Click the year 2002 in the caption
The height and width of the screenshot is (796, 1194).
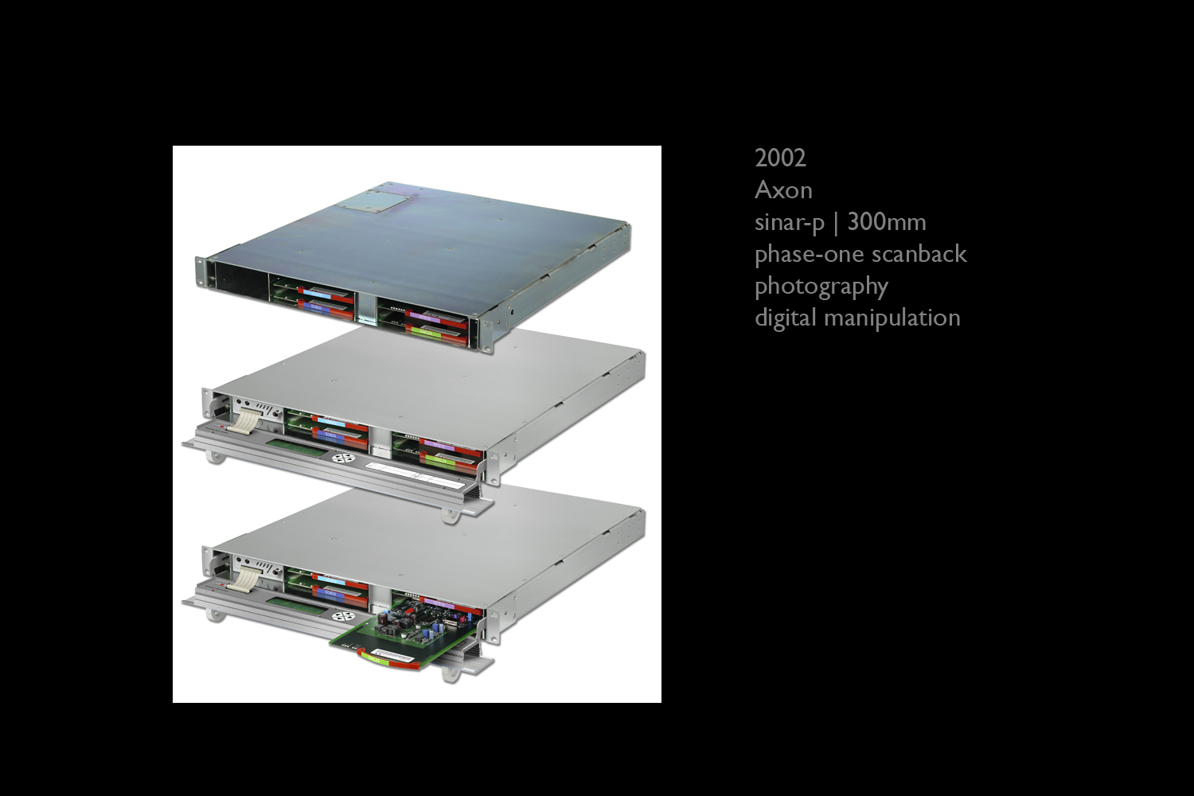(780, 158)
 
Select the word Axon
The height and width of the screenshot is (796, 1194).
(783, 190)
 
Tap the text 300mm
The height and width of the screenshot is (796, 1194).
(887, 222)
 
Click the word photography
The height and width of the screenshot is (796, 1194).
(821, 287)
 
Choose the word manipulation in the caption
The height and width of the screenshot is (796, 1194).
(892, 318)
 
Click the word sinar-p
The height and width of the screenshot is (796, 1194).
(790, 223)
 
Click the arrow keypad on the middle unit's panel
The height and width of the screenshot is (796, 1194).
(343, 458)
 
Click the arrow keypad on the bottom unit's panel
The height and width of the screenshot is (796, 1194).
(343, 616)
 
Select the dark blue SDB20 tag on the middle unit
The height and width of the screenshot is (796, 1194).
(330, 435)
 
